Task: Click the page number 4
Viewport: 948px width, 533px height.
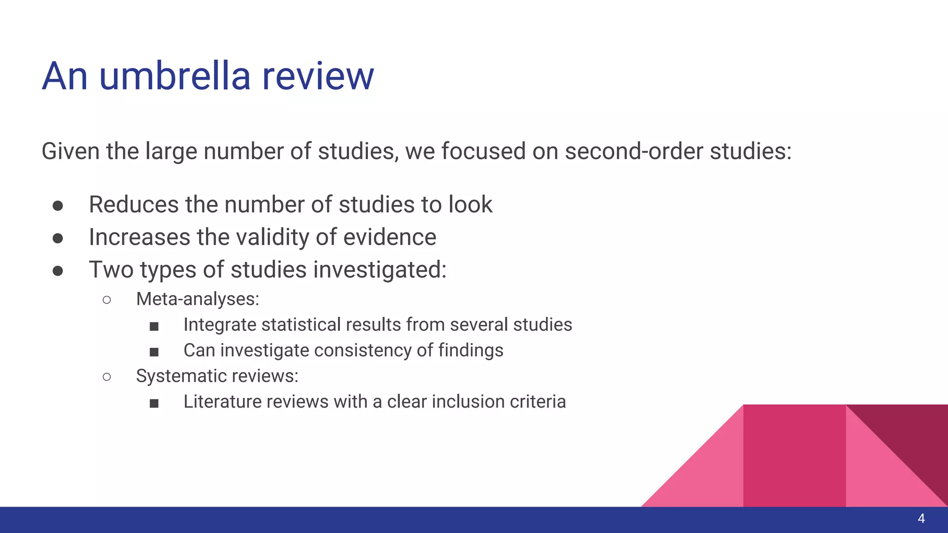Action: point(921,519)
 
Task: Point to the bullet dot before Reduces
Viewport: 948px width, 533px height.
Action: point(58,205)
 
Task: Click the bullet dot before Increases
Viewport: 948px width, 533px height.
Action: point(58,238)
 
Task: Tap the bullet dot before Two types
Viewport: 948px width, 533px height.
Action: point(58,270)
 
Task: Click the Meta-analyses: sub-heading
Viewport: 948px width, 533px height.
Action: point(198,299)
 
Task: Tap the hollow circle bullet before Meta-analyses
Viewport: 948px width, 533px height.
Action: point(107,300)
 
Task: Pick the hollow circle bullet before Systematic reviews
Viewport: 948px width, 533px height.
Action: point(107,377)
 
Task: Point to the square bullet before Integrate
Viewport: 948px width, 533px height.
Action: point(154,327)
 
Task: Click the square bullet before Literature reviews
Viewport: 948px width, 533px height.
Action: point(154,403)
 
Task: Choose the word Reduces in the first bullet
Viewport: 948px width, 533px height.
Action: point(133,205)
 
